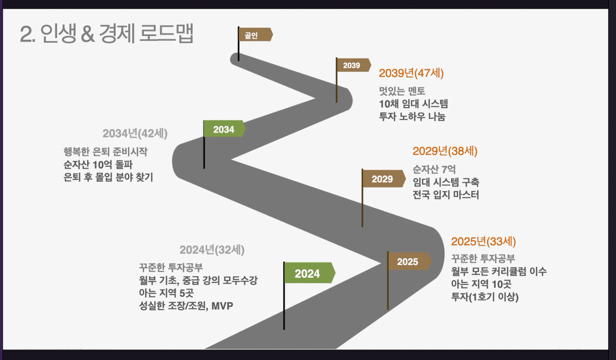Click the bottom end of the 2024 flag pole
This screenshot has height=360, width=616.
(x=284, y=329)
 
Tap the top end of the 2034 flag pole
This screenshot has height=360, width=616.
(x=204, y=121)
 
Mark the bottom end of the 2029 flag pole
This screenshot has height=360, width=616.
(x=362, y=227)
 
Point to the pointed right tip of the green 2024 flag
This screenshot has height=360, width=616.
(x=335, y=273)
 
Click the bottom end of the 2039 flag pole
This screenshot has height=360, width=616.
(x=337, y=102)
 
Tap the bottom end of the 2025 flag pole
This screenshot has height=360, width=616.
(x=388, y=309)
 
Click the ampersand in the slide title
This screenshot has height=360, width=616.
(x=88, y=34)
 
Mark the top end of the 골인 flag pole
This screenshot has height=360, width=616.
(x=238, y=27)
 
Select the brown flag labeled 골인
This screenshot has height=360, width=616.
(x=256, y=35)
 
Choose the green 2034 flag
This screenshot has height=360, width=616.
(x=224, y=129)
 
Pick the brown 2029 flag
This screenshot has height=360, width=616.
(x=384, y=179)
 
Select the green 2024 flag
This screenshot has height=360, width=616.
(x=310, y=273)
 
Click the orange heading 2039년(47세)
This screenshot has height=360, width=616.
(x=411, y=73)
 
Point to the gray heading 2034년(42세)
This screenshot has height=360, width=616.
(x=135, y=134)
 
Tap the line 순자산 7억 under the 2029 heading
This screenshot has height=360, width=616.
(x=434, y=169)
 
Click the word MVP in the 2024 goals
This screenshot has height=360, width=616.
(x=222, y=306)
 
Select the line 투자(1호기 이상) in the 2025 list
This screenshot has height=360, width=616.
(x=485, y=297)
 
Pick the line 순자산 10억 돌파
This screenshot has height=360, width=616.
(x=98, y=165)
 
